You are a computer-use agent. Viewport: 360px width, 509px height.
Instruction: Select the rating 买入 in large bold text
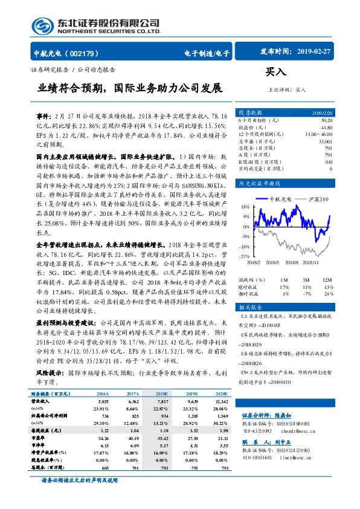275,72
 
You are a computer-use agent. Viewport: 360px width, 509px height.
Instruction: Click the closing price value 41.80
326,128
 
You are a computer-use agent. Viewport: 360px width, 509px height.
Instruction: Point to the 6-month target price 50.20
326,121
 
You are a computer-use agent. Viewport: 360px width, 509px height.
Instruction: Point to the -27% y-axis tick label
245,256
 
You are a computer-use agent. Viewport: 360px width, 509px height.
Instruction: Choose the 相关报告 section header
251,307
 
